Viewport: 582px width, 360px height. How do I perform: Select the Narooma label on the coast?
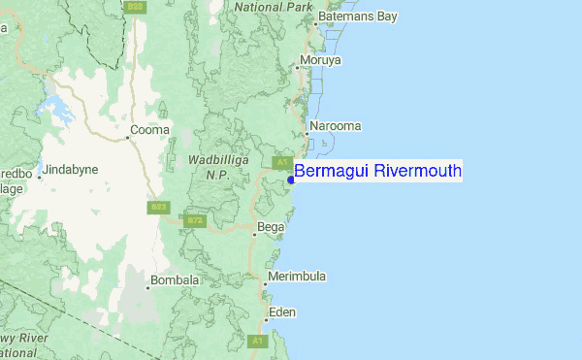[x=335, y=126]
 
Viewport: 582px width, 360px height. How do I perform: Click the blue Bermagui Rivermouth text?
[x=377, y=171]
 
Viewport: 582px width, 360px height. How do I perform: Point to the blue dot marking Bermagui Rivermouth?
[x=290, y=179]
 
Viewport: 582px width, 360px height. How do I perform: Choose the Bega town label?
[x=272, y=227]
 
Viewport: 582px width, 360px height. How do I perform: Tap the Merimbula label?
[x=299, y=277]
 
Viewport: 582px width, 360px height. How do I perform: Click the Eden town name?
[x=283, y=312]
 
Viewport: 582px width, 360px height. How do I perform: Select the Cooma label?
[x=150, y=129]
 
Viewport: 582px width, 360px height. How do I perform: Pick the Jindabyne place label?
[x=71, y=169]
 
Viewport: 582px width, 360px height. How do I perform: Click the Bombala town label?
[x=177, y=281]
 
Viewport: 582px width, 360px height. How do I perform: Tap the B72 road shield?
[x=196, y=220]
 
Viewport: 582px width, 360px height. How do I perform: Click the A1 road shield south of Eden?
[x=258, y=342]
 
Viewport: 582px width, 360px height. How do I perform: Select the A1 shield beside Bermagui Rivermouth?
[x=281, y=162]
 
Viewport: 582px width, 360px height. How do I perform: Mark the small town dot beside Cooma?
[x=127, y=137]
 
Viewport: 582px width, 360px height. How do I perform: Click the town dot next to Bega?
[x=254, y=234]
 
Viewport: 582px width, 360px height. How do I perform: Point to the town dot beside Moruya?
[x=298, y=68]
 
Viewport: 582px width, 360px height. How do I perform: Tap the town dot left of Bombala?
[x=148, y=287]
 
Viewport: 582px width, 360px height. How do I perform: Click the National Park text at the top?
[x=272, y=7]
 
